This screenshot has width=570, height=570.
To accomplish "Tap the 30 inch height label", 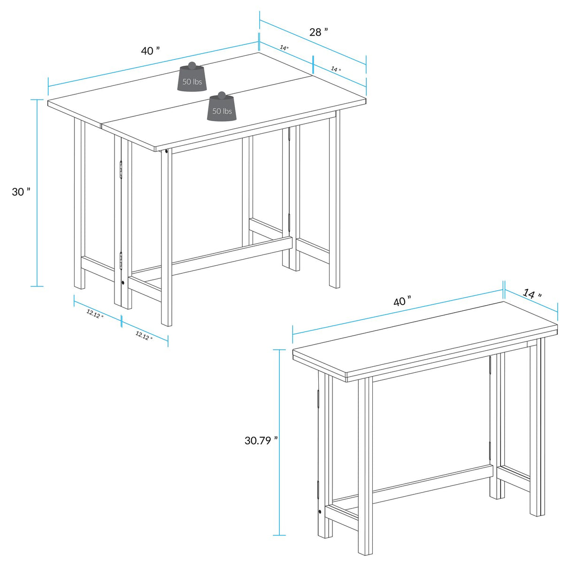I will [x=21, y=192].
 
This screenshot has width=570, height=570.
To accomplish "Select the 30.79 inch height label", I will [x=261, y=440].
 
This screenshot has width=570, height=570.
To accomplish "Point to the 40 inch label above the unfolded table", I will [x=151, y=50].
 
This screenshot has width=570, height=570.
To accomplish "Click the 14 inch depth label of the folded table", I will [x=532, y=294].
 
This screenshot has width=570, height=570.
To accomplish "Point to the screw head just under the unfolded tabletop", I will [x=167, y=151].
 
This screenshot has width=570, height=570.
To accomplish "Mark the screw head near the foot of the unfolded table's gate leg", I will [x=123, y=283].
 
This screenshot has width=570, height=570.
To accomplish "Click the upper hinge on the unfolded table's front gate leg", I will [x=121, y=169].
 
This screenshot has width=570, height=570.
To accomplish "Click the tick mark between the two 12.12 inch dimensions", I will [x=122, y=322].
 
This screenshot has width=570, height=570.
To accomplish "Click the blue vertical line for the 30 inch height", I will [x=37, y=193].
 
